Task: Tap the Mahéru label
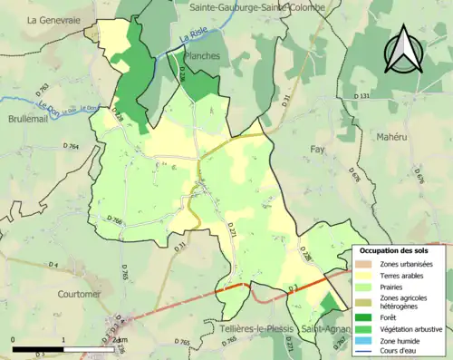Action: (396, 136)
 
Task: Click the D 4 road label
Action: (53, 264)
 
